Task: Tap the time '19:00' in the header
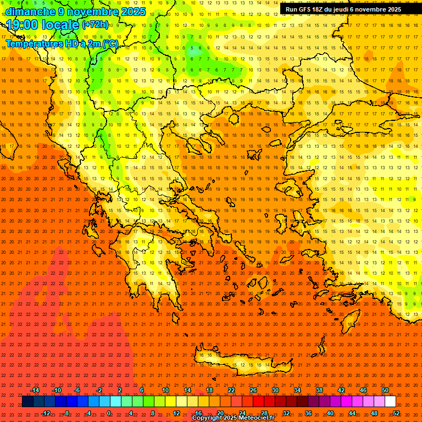tap(22, 25)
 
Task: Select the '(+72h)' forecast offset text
tap(95, 25)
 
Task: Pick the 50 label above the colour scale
tap(385, 390)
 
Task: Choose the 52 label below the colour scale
tap(396, 413)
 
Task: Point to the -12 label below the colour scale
tap(46, 413)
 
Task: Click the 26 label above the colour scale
tap(253, 390)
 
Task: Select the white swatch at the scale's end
tap(390, 402)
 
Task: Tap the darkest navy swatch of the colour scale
tap(28, 402)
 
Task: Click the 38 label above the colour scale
tap(319, 390)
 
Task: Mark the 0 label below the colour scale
tap(109, 413)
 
